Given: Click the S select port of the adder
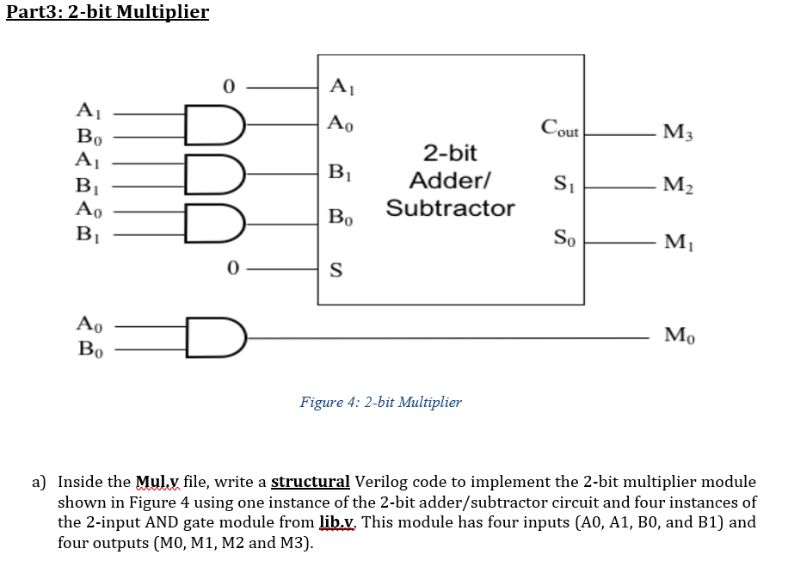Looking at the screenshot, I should point(336,273).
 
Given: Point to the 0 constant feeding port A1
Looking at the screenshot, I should point(228,86).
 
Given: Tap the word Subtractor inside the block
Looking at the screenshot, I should point(450,208).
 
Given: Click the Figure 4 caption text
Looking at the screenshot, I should point(380,402).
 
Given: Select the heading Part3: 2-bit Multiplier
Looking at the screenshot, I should point(107,13).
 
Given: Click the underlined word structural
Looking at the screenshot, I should point(311,482).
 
